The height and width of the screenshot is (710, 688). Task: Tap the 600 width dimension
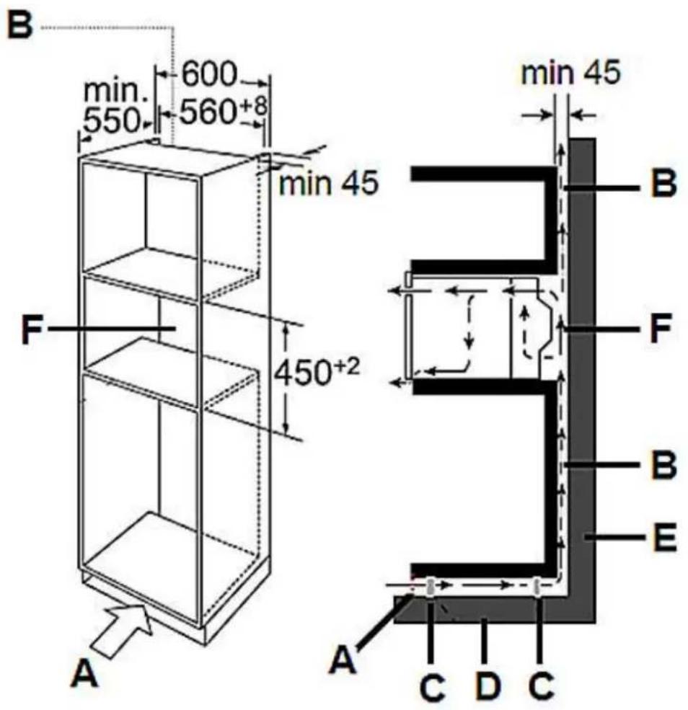(x=209, y=74)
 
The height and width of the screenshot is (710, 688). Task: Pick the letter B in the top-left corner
(x=19, y=25)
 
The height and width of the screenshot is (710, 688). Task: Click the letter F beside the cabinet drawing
(x=32, y=329)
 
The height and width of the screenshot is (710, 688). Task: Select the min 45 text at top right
(x=570, y=73)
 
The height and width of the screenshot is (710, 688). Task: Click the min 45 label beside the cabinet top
(x=328, y=183)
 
